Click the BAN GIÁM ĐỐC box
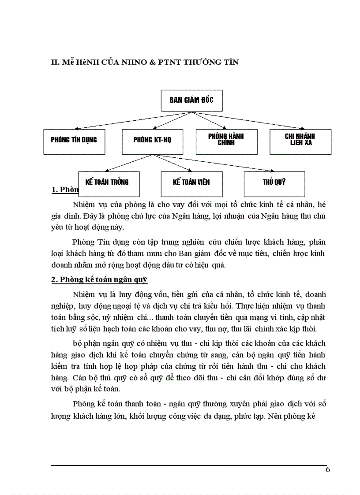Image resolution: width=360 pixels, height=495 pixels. [191, 100]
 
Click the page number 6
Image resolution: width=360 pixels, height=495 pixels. [327, 469]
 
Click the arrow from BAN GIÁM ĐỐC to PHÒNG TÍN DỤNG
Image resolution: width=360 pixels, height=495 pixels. [132, 120]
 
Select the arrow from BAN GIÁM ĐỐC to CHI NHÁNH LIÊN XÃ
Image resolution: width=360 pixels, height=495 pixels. [247, 120]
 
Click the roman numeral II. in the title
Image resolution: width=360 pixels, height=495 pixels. [56, 62]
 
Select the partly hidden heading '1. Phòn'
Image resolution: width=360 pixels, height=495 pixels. [65, 190]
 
